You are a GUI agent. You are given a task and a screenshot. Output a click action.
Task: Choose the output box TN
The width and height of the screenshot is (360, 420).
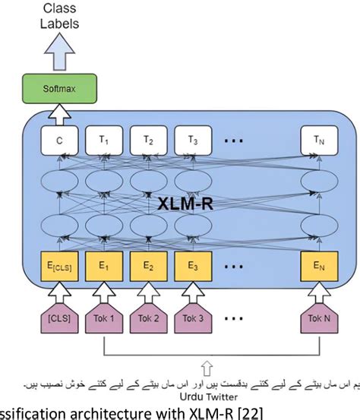coord(317,140)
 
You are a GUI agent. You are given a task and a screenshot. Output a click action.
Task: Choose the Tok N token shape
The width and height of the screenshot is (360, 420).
coord(317,317)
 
